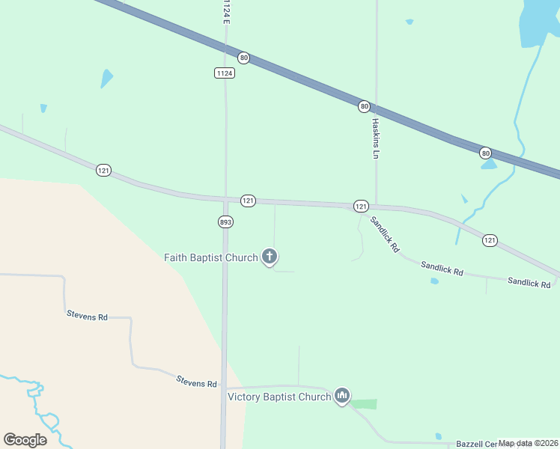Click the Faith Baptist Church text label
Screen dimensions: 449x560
pos(211,257)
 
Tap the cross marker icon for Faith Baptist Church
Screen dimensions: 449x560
pos(270,257)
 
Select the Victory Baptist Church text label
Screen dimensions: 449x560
pos(279,397)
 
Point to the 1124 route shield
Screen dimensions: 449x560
pos(224,73)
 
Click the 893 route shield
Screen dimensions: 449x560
pos(225,222)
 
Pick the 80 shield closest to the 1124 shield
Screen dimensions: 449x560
pos(243,58)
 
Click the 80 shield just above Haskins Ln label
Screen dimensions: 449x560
pos(364,106)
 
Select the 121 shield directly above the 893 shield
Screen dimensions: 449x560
pos(249,201)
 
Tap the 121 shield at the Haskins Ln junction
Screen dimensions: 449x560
pos(361,206)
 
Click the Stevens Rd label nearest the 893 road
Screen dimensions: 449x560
pos(196,382)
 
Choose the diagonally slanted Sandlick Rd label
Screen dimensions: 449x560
pos(385,233)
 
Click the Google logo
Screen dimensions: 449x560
pos(25,440)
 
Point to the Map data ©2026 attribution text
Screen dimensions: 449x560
pos(528,443)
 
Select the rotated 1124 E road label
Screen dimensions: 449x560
pos(225,12)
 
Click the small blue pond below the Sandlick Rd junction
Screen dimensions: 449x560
pos(434,281)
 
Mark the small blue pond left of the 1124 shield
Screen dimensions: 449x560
pos(107,78)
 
